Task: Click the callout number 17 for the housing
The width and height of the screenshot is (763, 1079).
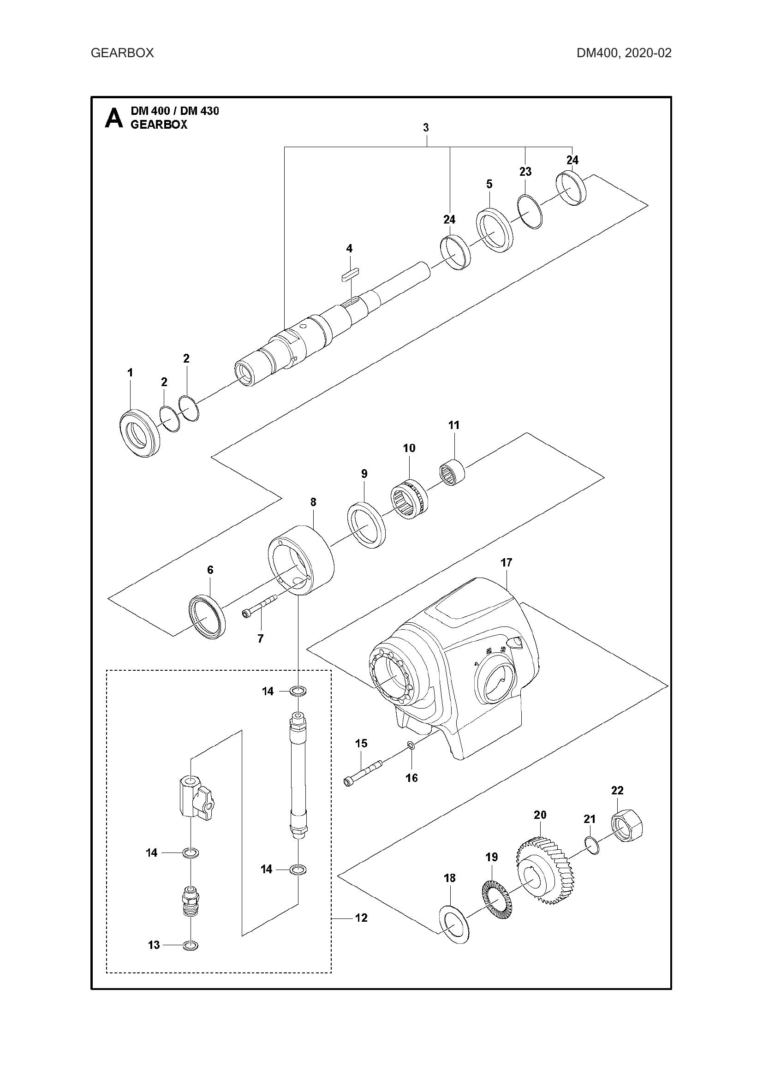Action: click(x=506, y=562)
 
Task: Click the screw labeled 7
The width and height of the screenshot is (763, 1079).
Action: click(x=259, y=608)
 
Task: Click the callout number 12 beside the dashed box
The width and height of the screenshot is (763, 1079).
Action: click(x=361, y=918)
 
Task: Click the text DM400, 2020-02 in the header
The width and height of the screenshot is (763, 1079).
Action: click(x=624, y=53)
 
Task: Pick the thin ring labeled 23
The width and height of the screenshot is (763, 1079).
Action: click(x=530, y=212)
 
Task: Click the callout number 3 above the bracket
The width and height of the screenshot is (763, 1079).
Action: click(x=426, y=127)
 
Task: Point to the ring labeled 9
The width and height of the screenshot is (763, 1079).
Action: click(x=366, y=525)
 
